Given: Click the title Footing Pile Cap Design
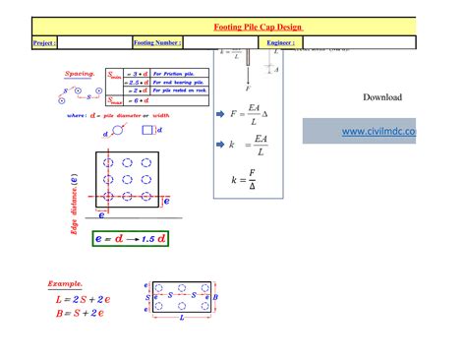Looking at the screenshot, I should [x=257, y=27].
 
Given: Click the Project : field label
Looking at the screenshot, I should [x=44, y=43].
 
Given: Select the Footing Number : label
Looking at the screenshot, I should [x=157, y=43].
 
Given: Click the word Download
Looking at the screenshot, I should [x=382, y=97].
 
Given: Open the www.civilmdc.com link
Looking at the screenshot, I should [x=379, y=131].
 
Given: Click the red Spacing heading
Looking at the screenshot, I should [x=80, y=74].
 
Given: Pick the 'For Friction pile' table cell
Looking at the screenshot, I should [x=178, y=73].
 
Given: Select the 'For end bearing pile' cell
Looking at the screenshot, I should [x=181, y=82].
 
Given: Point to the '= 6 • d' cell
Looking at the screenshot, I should [x=137, y=100].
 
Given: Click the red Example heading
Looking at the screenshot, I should [x=66, y=283].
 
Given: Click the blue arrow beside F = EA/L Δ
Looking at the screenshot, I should [x=220, y=115].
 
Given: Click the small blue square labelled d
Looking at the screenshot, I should [x=147, y=130].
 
